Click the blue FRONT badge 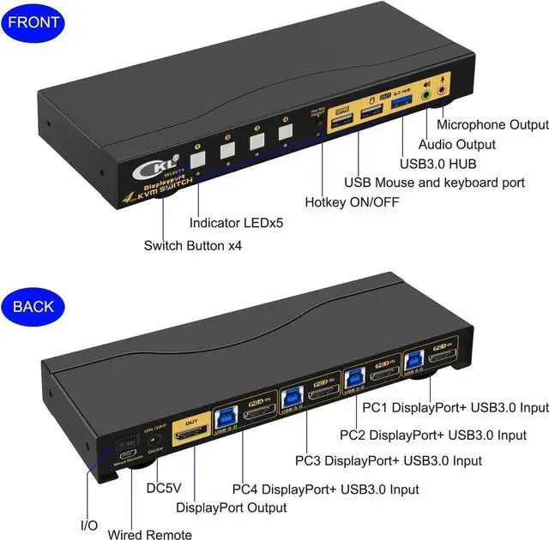(34, 21)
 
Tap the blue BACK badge (33, 305)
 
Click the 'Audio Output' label (457, 144)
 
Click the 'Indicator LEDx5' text (236, 223)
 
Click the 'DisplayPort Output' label (231, 507)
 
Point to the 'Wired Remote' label (150, 535)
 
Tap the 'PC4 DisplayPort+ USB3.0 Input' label (326, 489)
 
